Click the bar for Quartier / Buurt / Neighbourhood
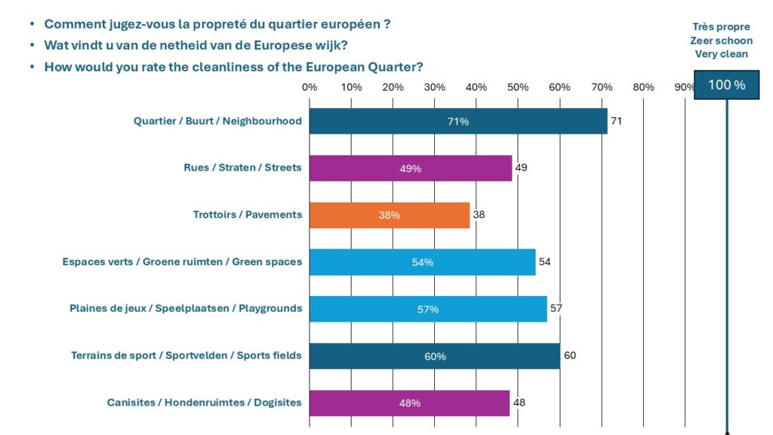click(458, 121)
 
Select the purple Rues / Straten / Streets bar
click(411, 168)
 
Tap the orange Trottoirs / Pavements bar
click(390, 214)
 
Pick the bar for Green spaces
click(422, 261)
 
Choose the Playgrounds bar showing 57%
click(428, 308)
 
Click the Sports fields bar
click(435, 356)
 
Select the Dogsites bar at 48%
click(410, 403)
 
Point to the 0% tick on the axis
click(310, 87)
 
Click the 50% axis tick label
click(518, 87)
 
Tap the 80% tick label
click(643, 87)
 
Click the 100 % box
click(726, 85)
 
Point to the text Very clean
click(721, 54)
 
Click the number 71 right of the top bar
click(616, 121)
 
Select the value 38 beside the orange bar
click(479, 214)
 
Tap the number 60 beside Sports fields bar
click(570, 355)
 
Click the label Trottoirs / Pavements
click(247, 214)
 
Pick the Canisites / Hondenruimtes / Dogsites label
click(204, 403)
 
